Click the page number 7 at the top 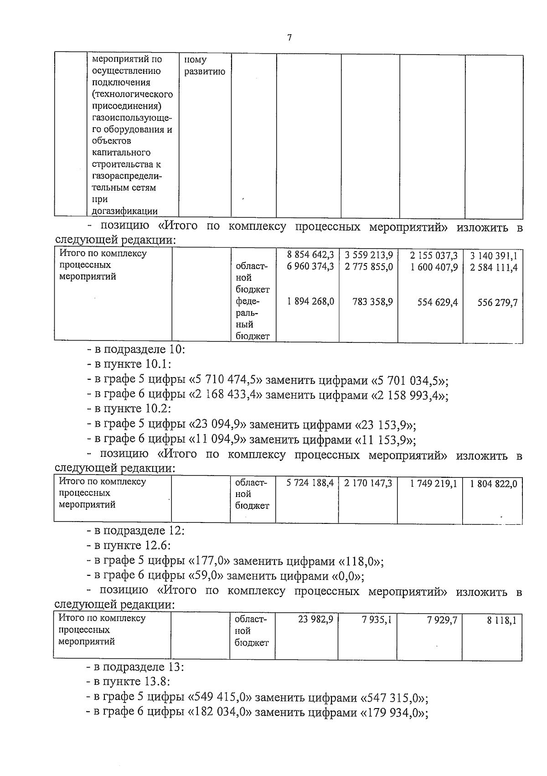click(289, 38)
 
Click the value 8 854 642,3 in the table click(310, 255)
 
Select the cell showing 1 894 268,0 click(310, 301)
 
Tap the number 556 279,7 click(497, 302)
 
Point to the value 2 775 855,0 click(369, 267)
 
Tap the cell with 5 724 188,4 click(310, 483)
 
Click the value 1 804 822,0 click(493, 484)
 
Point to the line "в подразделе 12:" click(136, 531)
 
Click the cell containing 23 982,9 click(315, 619)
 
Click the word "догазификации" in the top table click(124, 211)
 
